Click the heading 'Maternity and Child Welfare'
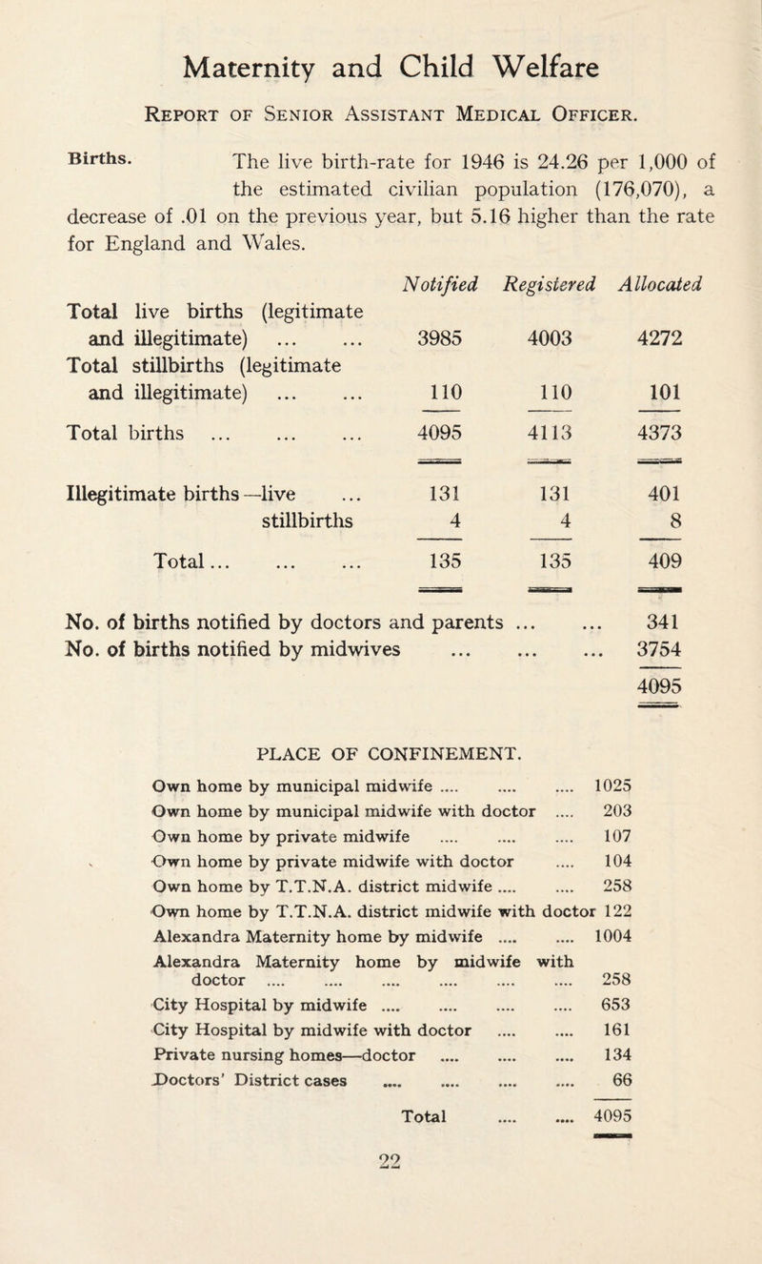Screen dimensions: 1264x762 (381, 70)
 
